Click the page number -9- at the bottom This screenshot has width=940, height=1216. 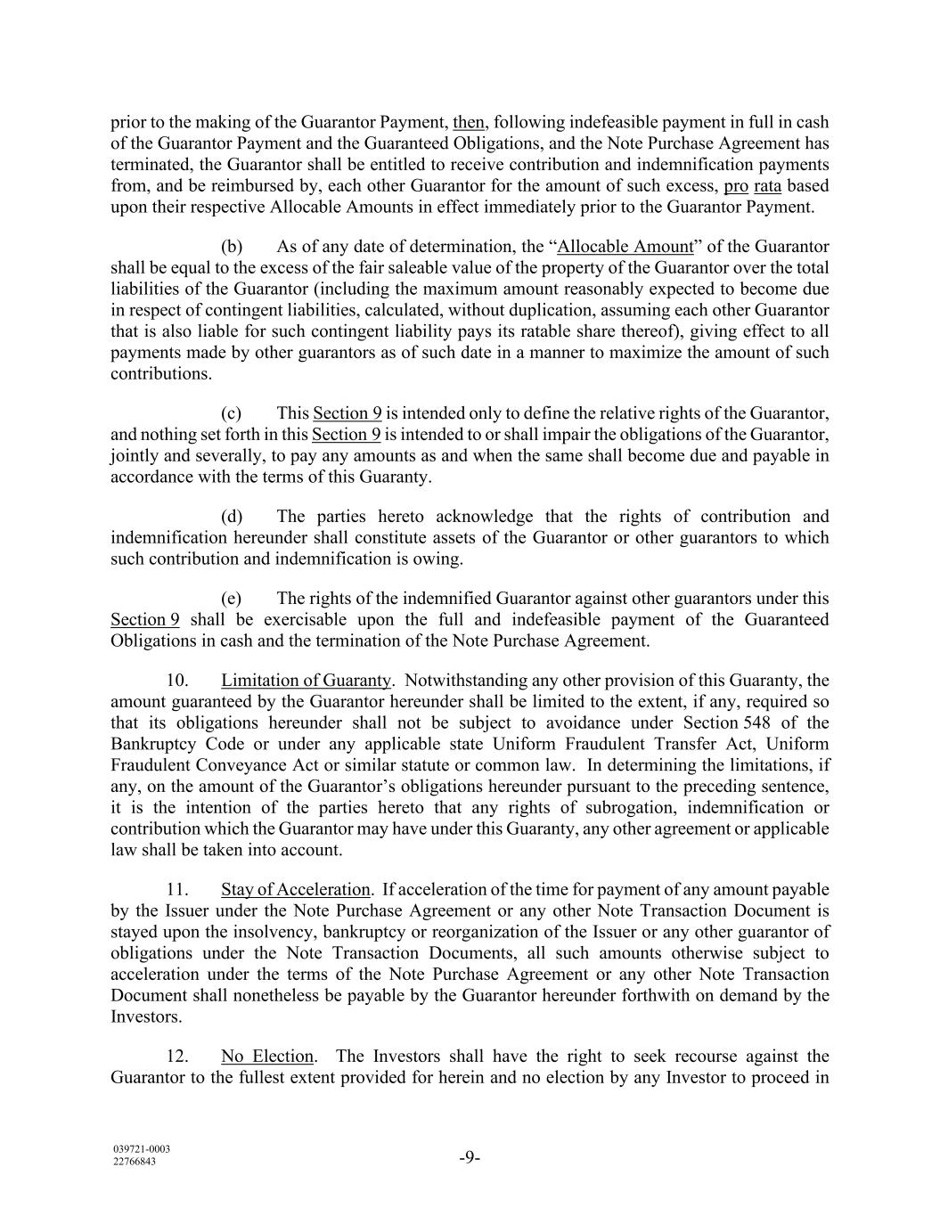coord(470,1158)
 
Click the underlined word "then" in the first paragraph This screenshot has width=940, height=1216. coord(469,122)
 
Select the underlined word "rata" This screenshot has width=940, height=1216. coord(767,186)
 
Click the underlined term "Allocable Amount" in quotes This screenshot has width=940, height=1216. coord(625,247)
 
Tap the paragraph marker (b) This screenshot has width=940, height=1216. coord(232,247)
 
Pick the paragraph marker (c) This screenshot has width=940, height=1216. coord(232,413)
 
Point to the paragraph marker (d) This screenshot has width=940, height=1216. coord(232,517)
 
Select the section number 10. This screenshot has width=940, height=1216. coord(176,681)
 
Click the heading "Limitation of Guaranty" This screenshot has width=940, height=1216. coord(306,681)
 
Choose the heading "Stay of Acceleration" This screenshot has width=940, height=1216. coord(295,890)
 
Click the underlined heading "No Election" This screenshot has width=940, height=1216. coord(267,1057)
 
